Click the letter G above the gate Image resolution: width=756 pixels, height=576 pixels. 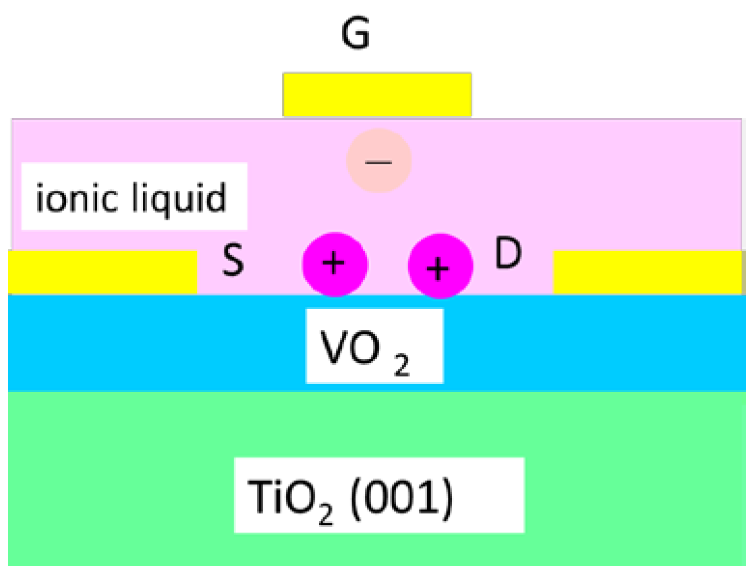click(x=356, y=33)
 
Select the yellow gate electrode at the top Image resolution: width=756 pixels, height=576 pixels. click(x=377, y=95)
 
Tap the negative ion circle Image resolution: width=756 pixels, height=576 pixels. click(x=379, y=160)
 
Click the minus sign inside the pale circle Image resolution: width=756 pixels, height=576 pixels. click(x=379, y=162)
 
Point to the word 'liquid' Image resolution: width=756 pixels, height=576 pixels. click(x=179, y=198)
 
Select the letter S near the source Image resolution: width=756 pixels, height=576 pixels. click(x=233, y=259)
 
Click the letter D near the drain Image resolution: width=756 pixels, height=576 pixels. click(x=508, y=253)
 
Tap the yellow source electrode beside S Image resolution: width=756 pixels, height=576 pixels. click(x=102, y=272)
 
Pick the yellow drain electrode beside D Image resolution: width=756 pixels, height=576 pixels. click(x=647, y=272)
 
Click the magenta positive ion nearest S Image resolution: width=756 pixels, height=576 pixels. click(x=335, y=264)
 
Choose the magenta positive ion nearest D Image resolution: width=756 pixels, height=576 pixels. click(x=440, y=266)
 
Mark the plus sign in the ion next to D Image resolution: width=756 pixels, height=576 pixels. click(x=438, y=269)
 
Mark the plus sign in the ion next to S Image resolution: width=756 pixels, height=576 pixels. click(x=334, y=263)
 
